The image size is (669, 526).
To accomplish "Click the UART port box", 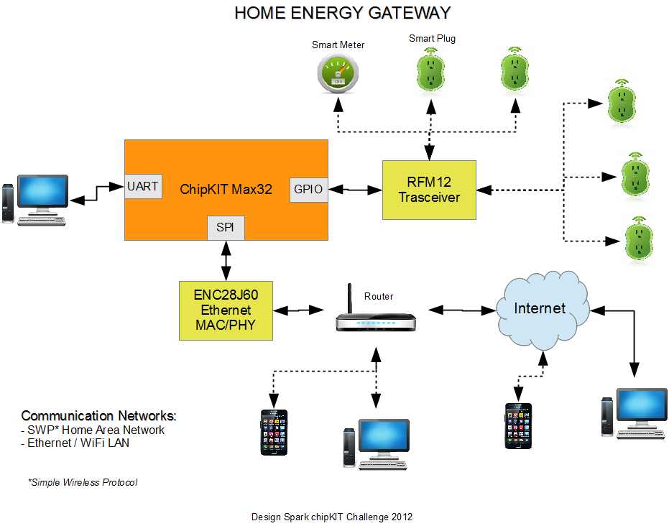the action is [144, 186].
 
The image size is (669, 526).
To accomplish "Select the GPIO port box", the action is [309, 190].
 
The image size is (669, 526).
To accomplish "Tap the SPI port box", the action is [226, 228].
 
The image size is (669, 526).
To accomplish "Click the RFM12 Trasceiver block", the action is [429, 190].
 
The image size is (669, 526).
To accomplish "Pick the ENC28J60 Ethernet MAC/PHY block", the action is [226, 310].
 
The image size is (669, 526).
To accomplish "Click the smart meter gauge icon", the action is [338, 74].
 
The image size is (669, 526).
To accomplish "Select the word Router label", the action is [379, 297].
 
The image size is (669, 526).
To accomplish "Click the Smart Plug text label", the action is [432, 38].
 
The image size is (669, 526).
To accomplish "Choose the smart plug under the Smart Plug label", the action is [430, 70].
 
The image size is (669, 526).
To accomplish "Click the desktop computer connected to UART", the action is [35, 200].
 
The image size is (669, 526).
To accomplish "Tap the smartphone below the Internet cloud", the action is [518, 425].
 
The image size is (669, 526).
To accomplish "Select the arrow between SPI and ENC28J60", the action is [226, 261].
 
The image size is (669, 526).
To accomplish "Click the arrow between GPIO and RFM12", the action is [356, 190].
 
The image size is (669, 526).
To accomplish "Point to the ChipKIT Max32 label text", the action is [226, 190].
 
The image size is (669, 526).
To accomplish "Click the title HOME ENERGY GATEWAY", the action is [343, 13].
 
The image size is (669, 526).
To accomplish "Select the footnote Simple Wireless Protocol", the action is [83, 482].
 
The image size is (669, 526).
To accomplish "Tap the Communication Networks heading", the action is [98, 415].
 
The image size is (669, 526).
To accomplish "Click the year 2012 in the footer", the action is [402, 517].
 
